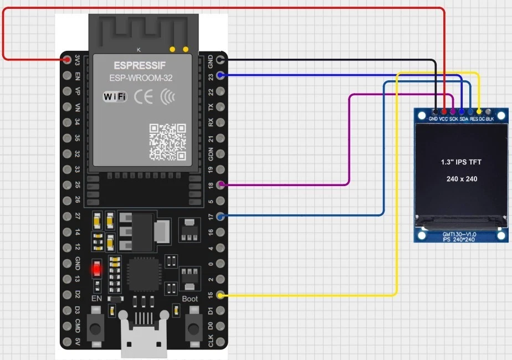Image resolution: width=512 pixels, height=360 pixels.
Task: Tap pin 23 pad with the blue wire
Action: click(221, 75)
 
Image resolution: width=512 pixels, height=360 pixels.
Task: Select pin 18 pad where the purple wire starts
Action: click(221, 184)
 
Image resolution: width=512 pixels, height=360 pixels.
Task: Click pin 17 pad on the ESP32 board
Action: click(221, 216)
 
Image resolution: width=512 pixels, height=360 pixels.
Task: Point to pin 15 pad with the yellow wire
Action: click(221, 296)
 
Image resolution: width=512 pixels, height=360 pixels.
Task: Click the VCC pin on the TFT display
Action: click(444, 112)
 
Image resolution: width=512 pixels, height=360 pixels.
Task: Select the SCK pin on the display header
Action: click(453, 112)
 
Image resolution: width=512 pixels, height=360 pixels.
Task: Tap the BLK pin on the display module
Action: click(488, 112)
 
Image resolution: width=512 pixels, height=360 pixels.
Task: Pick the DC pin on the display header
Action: click(479, 112)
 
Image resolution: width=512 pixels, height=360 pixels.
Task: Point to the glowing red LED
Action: click(97, 270)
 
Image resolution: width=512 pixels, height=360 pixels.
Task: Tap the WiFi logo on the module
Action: click(115, 97)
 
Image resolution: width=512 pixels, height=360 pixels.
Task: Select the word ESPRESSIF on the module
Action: click(132, 65)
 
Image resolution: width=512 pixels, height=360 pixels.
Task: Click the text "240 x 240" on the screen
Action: click(462, 179)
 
